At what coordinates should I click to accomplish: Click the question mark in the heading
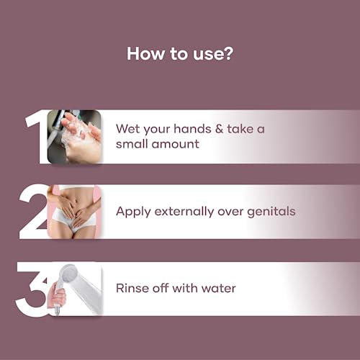(x=228, y=53)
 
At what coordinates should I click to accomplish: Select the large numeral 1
(x=36, y=137)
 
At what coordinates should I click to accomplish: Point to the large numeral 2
(x=34, y=212)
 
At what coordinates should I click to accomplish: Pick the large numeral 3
(x=31, y=289)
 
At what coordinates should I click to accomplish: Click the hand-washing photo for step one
(x=74, y=137)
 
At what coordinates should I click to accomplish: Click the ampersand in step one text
(x=219, y=129)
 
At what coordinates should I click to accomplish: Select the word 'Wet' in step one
(x=127, y=129)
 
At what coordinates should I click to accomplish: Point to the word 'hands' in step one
(x=192, y=129)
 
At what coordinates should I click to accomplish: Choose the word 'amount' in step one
(x=175, y=144)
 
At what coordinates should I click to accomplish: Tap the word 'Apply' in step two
(x=133, y=212)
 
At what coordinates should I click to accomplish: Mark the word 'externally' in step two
(x=184, y=211)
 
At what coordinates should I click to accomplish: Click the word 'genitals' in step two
(x=271, y=212)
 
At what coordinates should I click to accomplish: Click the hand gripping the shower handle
(x=57, y=295)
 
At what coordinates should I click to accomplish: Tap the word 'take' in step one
(x=240, y=129)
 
